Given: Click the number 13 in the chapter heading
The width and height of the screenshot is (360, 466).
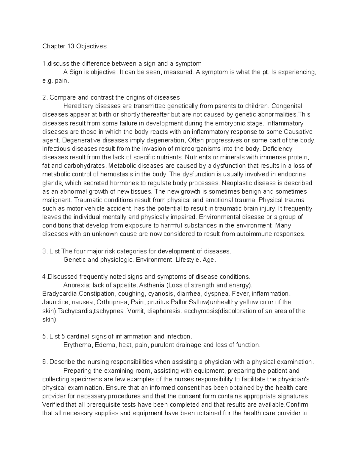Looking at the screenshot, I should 70,46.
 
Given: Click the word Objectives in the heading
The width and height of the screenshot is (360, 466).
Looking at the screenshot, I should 91,46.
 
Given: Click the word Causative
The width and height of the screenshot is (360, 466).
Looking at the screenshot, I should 298,132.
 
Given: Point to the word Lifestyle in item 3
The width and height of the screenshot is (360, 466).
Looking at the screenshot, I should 187,260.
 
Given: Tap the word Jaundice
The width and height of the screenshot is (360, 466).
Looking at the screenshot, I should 55,302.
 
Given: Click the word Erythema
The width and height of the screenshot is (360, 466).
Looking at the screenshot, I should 77,345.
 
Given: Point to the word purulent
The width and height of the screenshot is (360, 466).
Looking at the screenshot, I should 163,345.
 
